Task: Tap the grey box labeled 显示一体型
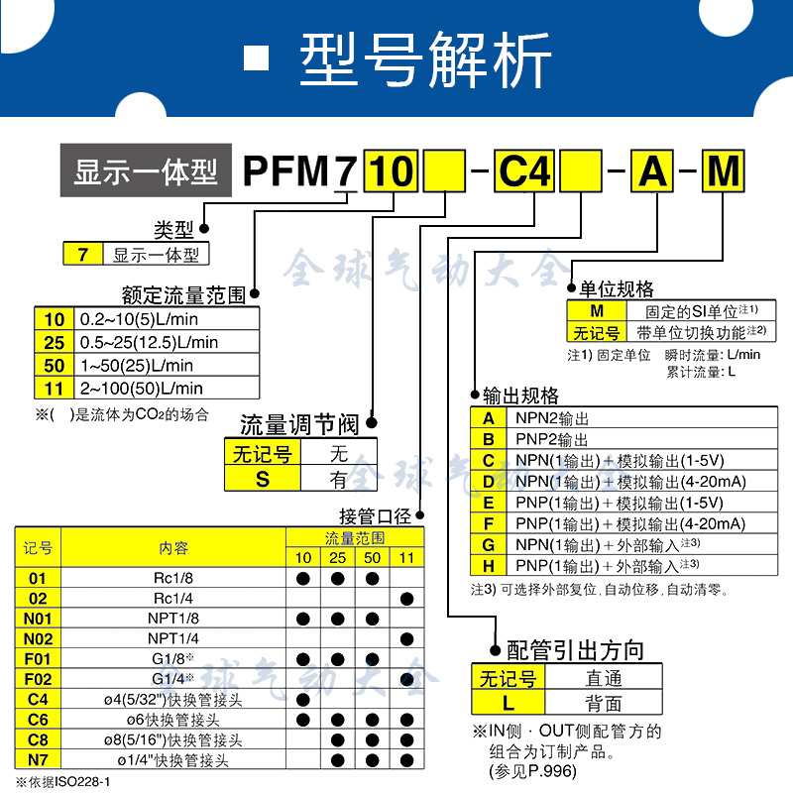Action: coord(146,172)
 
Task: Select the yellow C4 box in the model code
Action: coord(522,172)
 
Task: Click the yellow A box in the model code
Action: coord(653,172)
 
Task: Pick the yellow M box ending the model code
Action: coord(726,172)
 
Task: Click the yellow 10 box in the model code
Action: coord(393,172)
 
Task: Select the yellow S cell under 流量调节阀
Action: coord(263,479)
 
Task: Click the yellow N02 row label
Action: coord(38,638)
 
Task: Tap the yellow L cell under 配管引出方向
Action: coord(508,703)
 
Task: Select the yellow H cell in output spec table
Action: coord(488,566)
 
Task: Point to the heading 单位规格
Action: coord(617,289)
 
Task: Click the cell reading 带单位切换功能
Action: coord(694,332)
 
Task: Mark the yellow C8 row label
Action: coord(38,740)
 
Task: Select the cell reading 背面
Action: coord(603,703)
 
